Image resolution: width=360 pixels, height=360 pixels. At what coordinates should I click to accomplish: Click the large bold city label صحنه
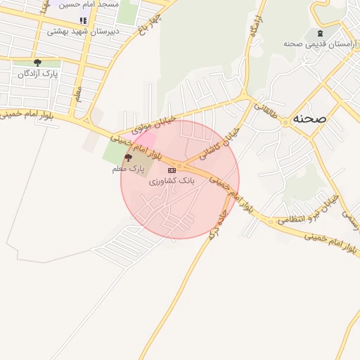[x=310, y=118]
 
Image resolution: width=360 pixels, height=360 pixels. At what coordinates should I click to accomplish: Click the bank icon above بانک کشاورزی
[x=171, y=170]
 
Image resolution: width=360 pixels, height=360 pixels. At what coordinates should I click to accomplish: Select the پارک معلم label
[x=127, y=169]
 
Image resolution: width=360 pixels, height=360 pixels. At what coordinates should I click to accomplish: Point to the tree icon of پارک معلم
[x=128, y=158]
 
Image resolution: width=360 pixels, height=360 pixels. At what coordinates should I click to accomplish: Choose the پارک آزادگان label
[x=39, y=73]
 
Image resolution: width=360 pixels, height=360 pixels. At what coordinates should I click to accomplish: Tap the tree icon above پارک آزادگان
[x=37, y=63]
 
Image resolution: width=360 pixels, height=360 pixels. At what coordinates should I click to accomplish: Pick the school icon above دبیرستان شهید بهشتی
[x=83, y=21]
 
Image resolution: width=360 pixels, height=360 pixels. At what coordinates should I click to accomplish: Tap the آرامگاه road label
[x=252, y=32]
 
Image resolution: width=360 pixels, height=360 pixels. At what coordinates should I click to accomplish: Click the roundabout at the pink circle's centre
[x=180, y=166]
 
